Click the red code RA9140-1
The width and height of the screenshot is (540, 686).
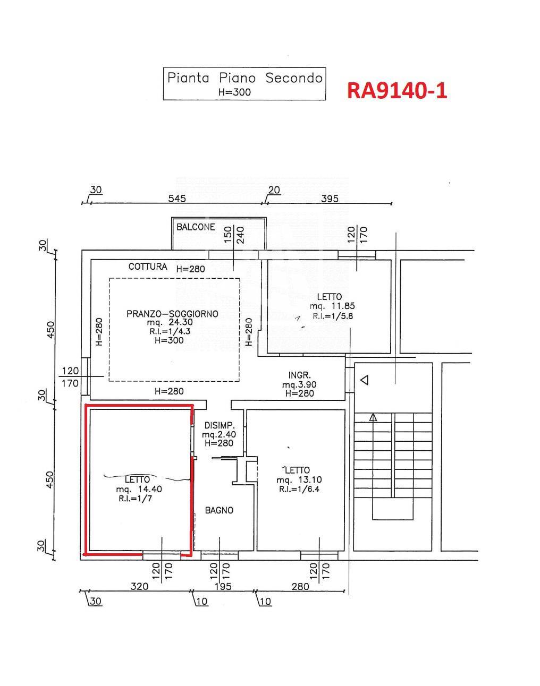coord(397,90)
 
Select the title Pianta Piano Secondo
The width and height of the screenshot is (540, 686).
coord(244,78)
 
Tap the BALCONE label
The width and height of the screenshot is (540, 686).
coord(196,227)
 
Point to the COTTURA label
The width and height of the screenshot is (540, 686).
coord(148,267)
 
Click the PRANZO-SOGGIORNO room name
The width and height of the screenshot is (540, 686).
coord(172,314)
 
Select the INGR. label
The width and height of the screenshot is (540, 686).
coord(299,375)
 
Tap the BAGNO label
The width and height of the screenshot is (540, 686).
coord(219,510)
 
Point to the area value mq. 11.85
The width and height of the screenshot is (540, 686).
coord(332,306)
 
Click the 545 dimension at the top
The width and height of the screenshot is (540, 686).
coord(177,199)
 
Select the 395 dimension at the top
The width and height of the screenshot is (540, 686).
coord(330,199)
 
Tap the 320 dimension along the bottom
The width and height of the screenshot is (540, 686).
coord(139,587)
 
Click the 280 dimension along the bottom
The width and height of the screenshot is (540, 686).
coord(300,587)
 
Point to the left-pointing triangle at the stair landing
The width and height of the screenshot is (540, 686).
coord(365,380)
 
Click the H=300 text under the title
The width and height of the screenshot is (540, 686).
coord(234,92)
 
